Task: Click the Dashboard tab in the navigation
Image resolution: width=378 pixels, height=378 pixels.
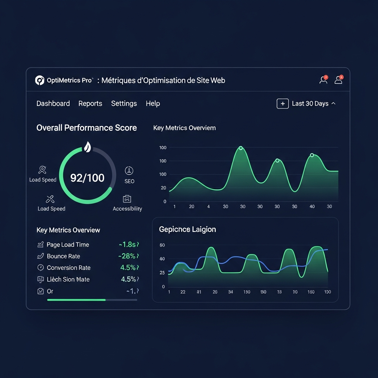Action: (x=53, y=104)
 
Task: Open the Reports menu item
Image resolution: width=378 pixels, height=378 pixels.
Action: (x=90, y=104)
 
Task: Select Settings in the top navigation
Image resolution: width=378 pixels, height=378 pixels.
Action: (x=124, y=104)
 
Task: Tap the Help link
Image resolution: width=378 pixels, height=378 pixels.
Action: (x=153, y=104)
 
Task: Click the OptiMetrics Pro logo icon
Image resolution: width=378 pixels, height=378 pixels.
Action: (x=39, y=80)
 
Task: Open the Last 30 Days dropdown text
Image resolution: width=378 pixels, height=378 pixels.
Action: (x=310, y=104)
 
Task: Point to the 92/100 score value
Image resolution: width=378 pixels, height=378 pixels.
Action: (x=87, y=178)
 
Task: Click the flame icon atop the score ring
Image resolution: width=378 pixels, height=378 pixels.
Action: (x=87, y=147)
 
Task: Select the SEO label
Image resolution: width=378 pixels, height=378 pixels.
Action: (x=129, y=181)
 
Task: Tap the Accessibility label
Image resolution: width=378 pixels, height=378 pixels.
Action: (x=127, y=209)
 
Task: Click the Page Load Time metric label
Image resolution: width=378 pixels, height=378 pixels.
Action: (x=68, y=245)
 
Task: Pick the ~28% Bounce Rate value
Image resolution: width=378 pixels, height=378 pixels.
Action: (x=127, y=256)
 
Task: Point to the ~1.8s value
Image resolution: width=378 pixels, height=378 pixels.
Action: (x=127, y=245)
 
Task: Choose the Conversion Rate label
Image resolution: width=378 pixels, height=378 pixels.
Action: (x=69, y=268)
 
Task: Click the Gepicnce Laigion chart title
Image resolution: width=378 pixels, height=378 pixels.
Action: (x=188, y=230)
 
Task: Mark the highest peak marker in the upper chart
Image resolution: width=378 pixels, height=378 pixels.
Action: (x=241, y=148)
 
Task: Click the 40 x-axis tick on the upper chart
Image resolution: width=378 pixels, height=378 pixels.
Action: (x=312, y=207)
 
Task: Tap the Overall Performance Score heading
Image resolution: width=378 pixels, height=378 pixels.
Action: (x=86, y=128)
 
